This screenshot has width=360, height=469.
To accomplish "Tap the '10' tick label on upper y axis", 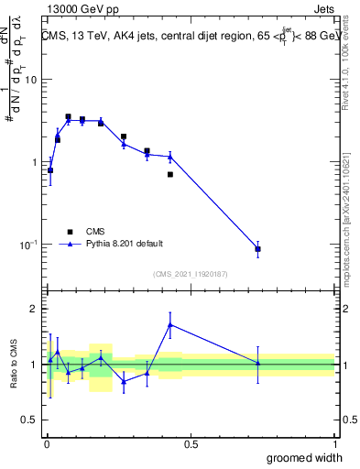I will tap(30, 80).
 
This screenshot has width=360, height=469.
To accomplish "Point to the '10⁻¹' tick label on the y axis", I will tap(28, 245).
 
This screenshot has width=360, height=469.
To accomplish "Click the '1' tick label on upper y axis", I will tap(35, 162).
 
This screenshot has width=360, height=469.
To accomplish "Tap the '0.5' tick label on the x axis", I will tap(191, 445).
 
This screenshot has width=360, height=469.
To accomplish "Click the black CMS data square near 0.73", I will tap(258, 249).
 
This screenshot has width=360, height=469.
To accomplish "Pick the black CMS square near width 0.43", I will tap(170, 174).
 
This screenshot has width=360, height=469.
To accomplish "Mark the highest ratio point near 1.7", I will tap(170, 324).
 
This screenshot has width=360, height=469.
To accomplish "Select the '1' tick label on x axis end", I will tap(334, 445).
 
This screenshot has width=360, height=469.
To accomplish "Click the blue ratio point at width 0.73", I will tap(258, 364).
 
